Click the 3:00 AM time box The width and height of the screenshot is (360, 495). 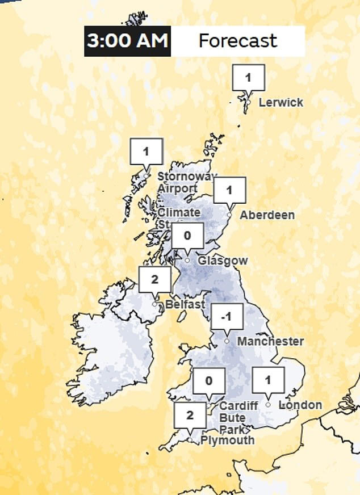(128, 41)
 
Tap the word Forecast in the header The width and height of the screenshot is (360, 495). (237, 41)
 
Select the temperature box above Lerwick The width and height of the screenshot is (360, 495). (248, 77)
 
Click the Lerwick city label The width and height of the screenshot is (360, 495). (281, 103)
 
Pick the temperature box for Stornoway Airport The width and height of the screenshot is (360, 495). (146, 152)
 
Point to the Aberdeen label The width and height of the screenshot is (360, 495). (267, 215)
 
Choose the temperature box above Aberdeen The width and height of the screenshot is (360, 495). (229, 191)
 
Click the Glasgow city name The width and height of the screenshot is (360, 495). (223, 261)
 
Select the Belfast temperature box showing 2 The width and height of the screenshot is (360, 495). (154, 279)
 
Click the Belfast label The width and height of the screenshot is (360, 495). (185, 305)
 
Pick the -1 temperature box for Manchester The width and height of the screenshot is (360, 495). (227, 317)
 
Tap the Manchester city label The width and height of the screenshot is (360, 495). (270, 341)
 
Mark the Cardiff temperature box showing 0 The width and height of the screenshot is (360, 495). (208, 381)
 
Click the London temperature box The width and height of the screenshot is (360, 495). (268, 380)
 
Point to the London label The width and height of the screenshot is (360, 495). (301, 405)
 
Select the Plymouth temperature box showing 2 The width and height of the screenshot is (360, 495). (190, 415)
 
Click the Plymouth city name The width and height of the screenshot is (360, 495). (227, 440)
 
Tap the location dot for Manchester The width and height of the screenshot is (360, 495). (227, 341)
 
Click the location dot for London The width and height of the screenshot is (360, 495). (268, 405)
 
